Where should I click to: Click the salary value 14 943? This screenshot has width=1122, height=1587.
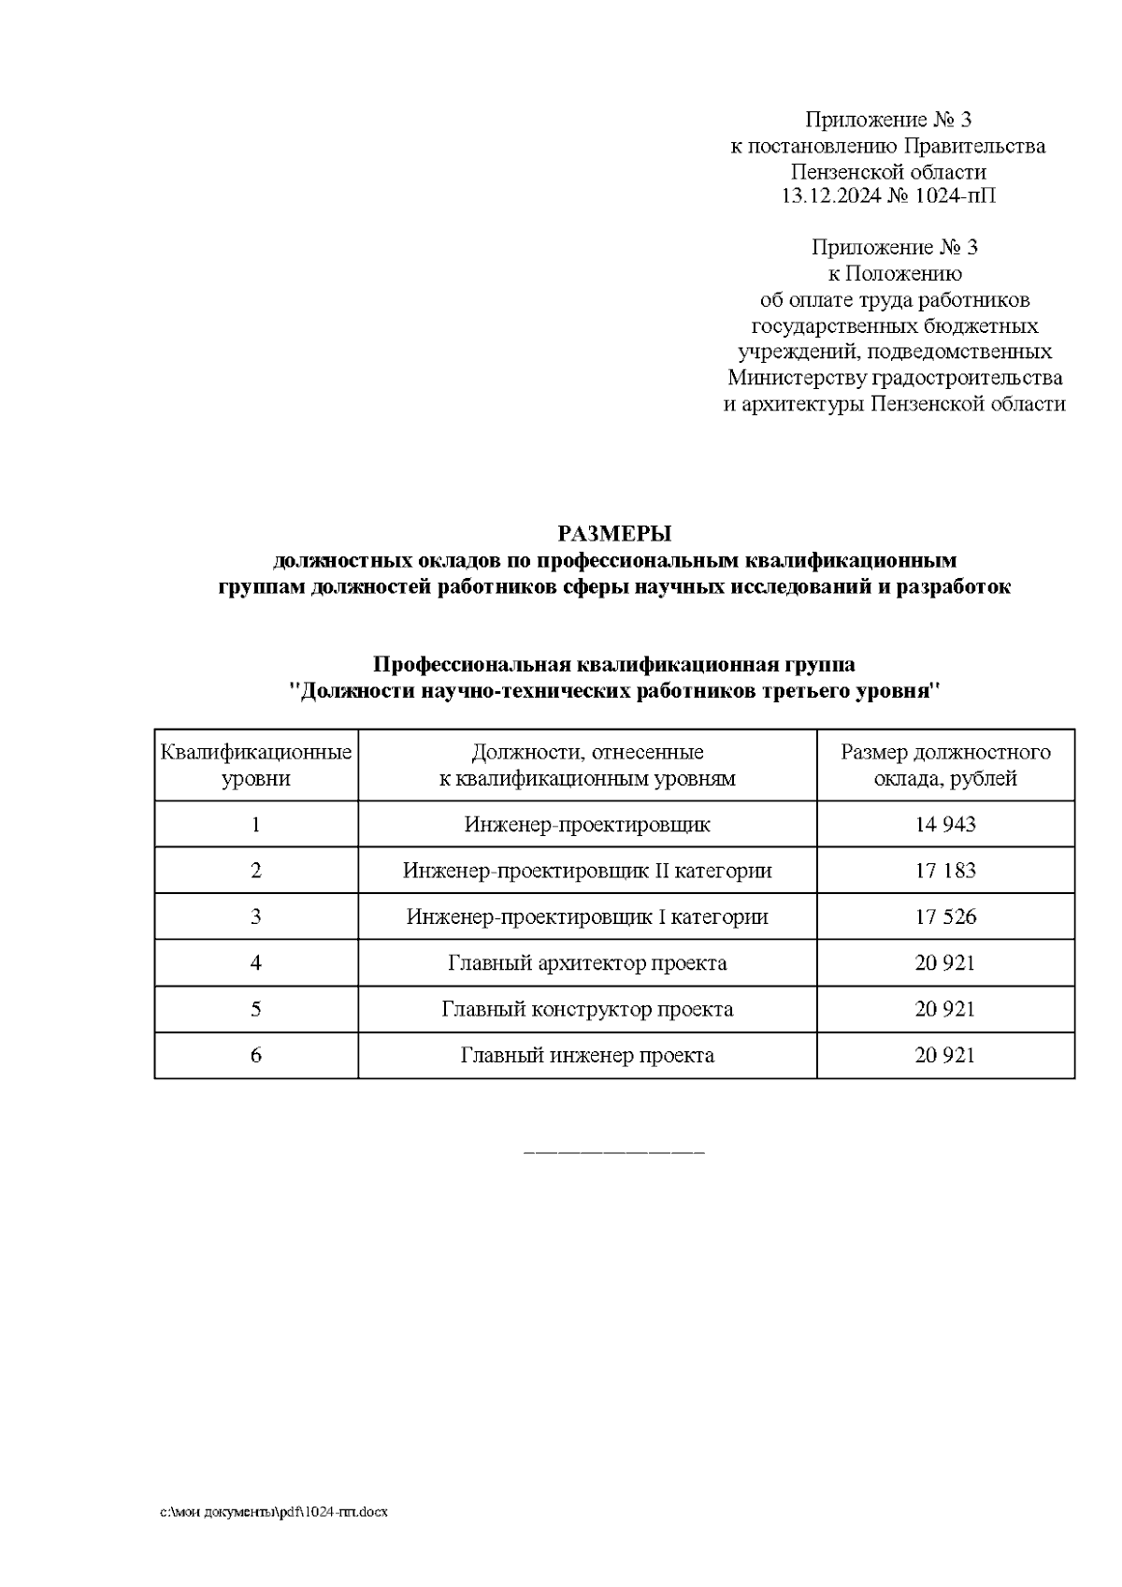(x=945, y=824)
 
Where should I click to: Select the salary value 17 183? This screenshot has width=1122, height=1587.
(x=945, y=870)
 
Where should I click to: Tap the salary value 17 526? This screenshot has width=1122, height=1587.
(x=945, y=916)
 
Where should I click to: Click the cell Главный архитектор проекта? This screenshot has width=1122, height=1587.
(x=587, y=962)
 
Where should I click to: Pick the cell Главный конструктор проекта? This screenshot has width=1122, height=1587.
(x=587, y=1009)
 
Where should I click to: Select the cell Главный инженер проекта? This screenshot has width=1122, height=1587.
(x=587, y=1055)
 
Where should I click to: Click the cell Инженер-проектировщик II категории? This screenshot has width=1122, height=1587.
(x=587, y=870)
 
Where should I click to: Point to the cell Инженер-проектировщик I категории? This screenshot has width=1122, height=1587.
(x=587, y=916)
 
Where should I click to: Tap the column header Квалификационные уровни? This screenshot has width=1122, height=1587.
(x=256, y=764)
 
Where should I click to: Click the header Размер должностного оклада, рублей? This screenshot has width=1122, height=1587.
(x=945, y=764)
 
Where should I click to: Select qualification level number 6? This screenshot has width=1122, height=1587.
(x=256, y=1055)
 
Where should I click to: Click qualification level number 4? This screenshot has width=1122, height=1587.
(x=256, y=962)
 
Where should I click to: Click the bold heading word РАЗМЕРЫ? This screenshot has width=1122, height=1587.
(x=614, y=534)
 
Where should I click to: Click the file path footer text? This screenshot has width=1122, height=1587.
(x=274, y=1511)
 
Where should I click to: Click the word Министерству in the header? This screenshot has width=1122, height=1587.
(x=798, y=378)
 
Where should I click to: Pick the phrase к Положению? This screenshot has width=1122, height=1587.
(x=894, y=273)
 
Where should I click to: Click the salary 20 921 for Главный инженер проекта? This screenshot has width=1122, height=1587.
(x=945, y=1055)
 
